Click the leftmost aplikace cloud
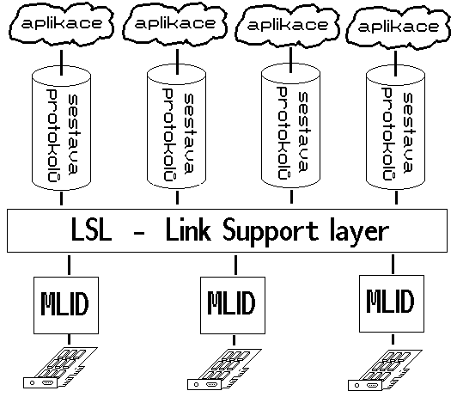pos(61,24)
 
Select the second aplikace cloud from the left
pos(175,24)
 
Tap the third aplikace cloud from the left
pos(288,26)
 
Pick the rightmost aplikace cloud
pos(398,27)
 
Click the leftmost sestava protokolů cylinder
pos(61,128)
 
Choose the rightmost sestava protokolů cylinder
pos(395,127)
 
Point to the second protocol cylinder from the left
pos(177,127)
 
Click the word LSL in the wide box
pos(91,230)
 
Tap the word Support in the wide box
pos(271,233)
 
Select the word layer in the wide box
pos(359,233)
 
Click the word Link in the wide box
pos(188,230)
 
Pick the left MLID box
pos(66,305)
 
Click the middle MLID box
pos(233,305)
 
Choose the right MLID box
pos(392,303)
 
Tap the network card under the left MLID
pos(60,368)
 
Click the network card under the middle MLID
pos(224,370)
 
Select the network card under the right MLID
pos(385,370)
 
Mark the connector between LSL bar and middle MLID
pos(235,265)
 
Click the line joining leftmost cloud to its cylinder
pos(61,63)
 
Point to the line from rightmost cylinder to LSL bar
pos(396,198)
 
